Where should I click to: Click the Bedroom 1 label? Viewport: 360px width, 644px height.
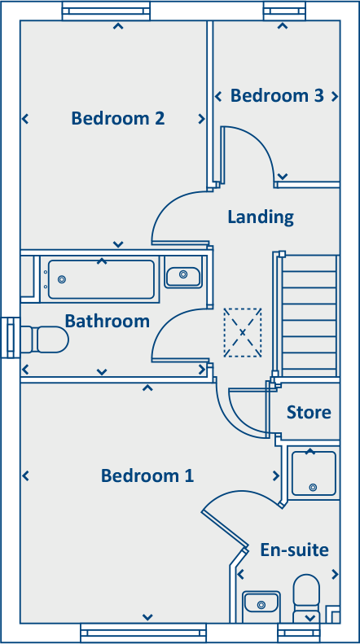(147, 475)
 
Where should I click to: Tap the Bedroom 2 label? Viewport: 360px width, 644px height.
(118, 119)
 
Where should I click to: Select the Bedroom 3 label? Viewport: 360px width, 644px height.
(277, 96)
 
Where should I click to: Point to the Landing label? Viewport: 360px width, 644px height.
(261, 217)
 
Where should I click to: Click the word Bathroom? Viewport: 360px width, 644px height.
(108, 321)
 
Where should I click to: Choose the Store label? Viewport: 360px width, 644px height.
(309, 413)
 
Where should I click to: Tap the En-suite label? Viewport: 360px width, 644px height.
(295, 550)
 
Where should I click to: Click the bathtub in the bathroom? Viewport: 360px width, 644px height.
(100, 279)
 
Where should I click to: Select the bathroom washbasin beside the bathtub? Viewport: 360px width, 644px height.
(183, 276)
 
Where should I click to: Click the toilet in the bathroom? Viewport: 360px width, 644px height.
(45, 339)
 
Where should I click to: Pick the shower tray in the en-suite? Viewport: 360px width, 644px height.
(314, 472)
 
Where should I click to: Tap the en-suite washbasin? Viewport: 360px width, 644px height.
(261, 603)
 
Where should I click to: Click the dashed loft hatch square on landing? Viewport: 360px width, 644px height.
(243, 332)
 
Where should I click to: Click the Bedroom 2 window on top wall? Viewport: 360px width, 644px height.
(106, 11)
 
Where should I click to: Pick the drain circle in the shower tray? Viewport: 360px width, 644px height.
(314, 488)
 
